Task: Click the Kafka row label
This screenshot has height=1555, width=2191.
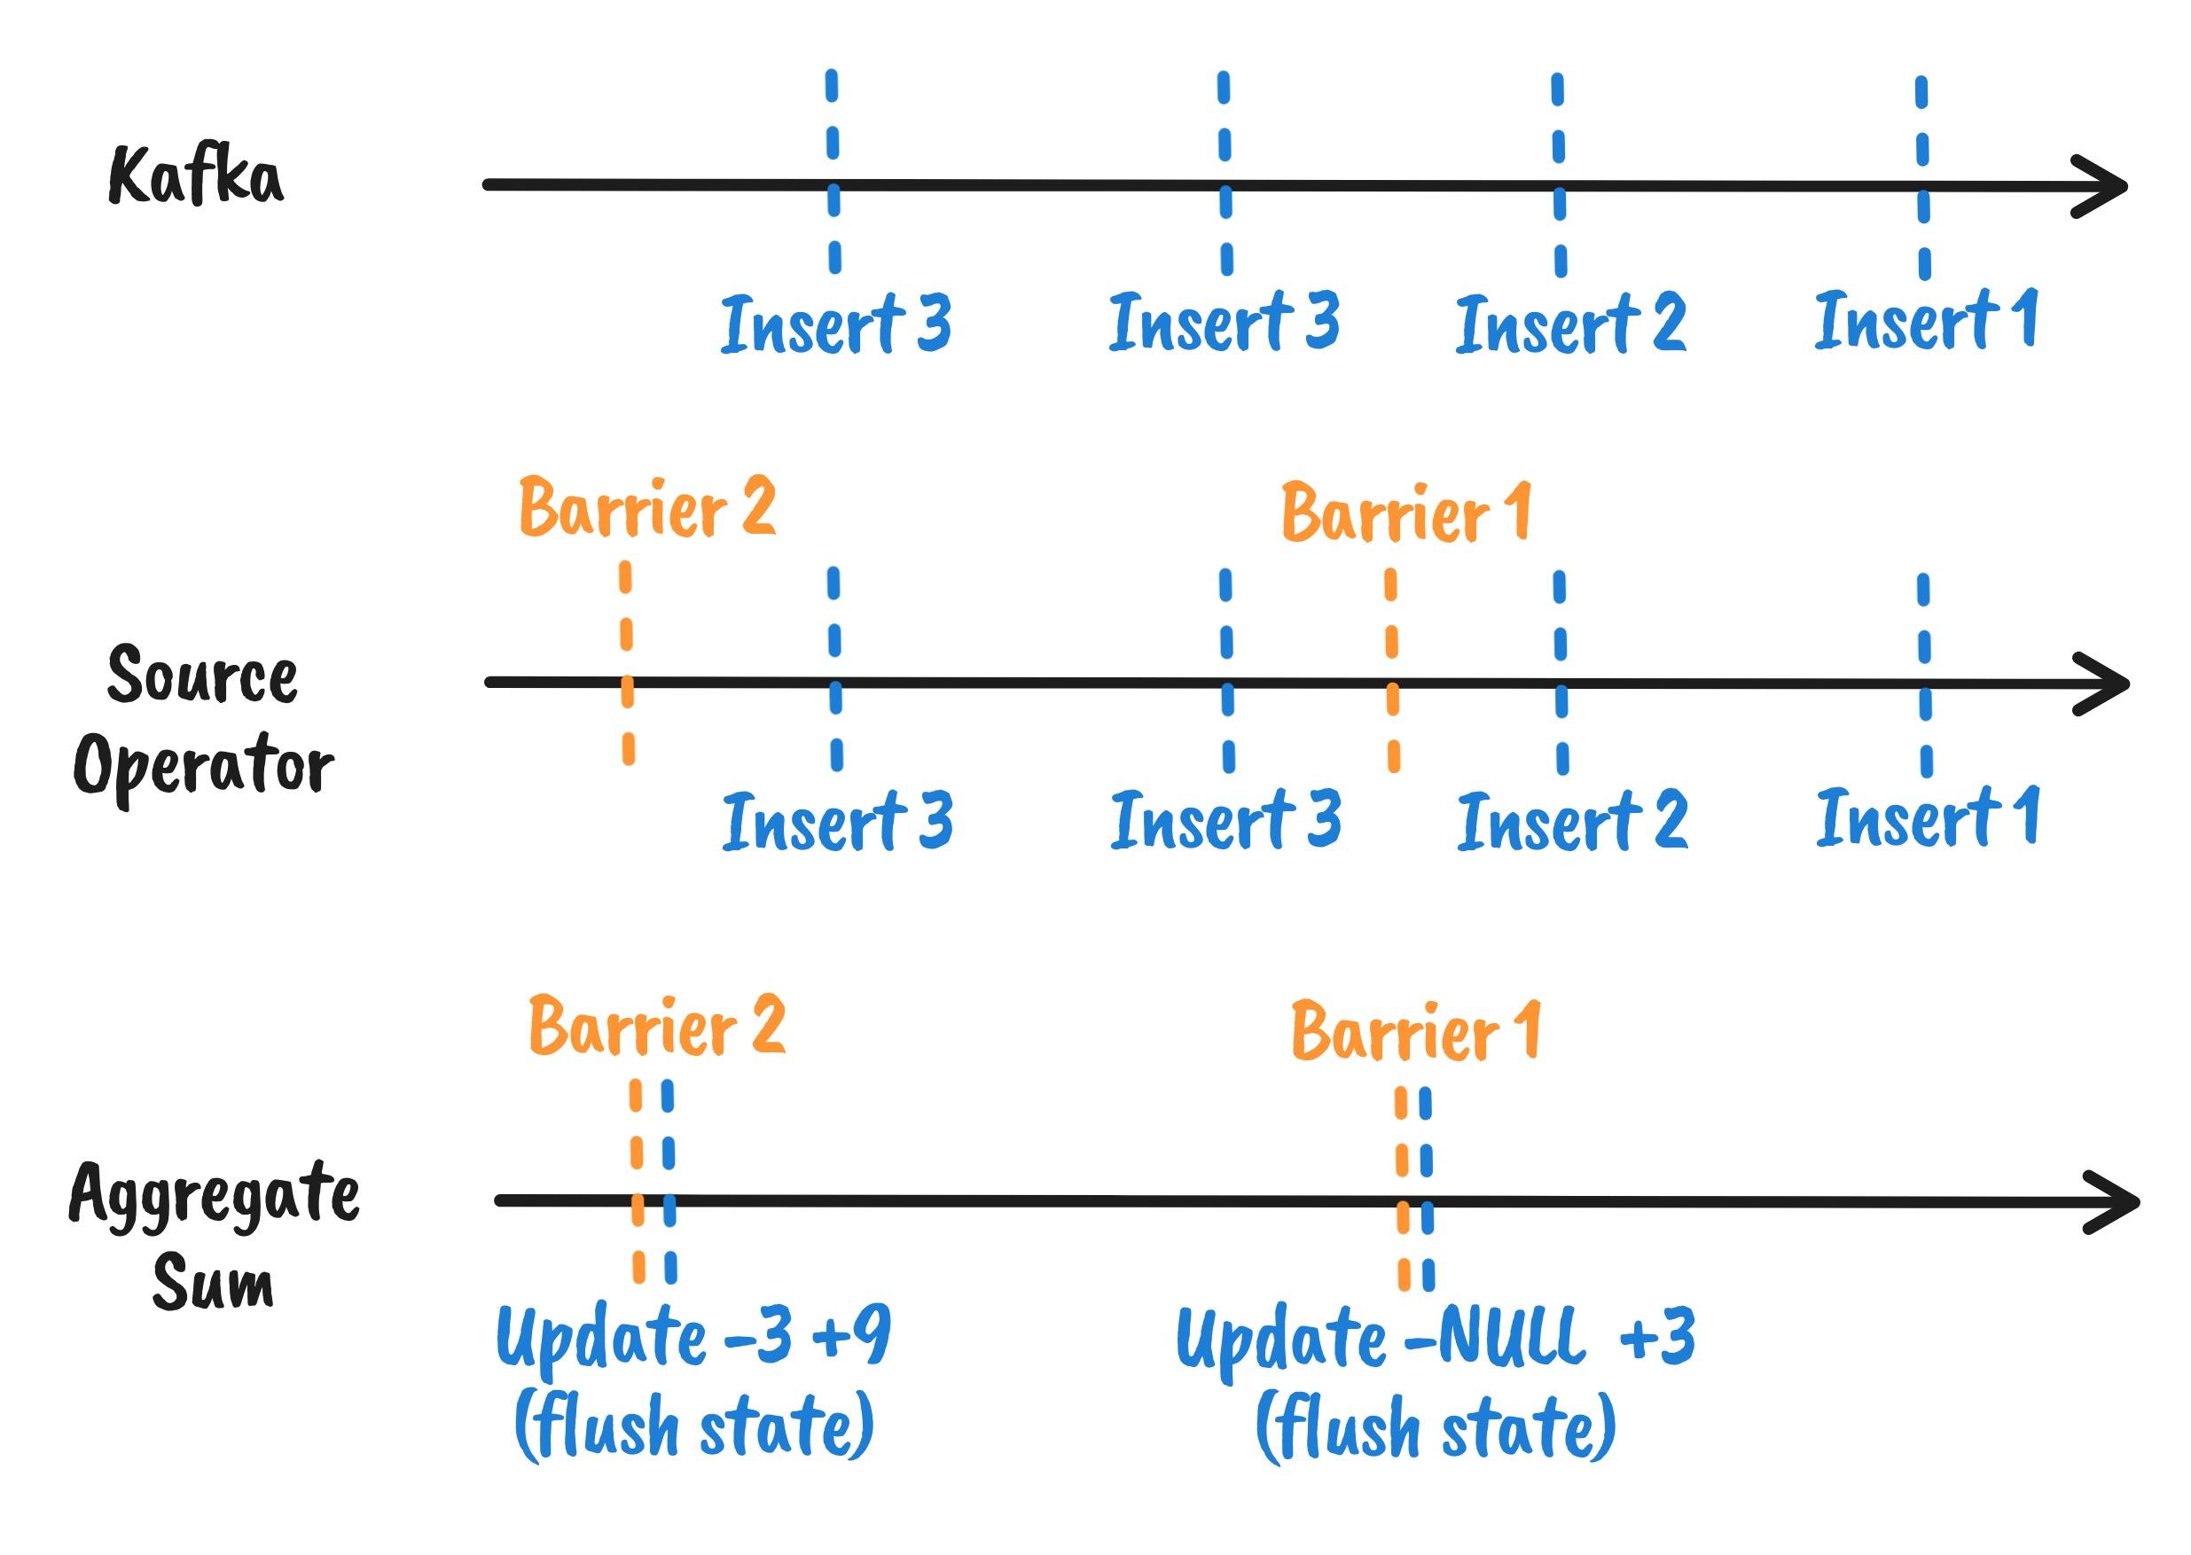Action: [195, 176]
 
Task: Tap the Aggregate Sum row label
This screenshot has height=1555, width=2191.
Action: [215, 1235]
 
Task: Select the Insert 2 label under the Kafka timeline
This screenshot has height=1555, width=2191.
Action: [1570, 324]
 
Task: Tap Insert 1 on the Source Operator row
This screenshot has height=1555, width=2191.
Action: [1928, 817]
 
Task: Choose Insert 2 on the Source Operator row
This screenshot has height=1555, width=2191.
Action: [1572, 821]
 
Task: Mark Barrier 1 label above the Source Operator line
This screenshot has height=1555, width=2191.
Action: [1406, 513]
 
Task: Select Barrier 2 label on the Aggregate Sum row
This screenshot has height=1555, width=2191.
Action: [657, 1026]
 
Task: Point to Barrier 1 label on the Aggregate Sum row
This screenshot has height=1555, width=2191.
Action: [1416, 1031]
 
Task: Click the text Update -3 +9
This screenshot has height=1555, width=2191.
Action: [693, 1337]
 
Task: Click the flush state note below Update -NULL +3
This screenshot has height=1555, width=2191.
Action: [1436, 1426]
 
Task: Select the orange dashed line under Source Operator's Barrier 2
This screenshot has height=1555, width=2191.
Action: [626, 663]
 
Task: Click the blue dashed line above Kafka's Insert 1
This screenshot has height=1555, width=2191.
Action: [1923, 178]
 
